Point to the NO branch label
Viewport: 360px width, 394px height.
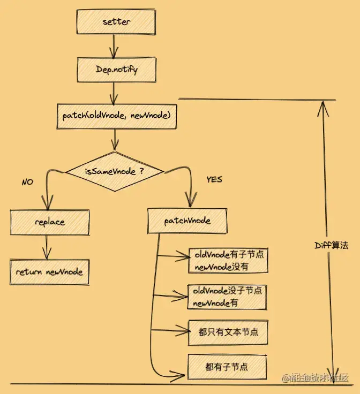click(27, 182)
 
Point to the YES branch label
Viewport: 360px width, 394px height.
click(214, 179)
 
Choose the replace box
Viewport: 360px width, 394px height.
click(49, 222)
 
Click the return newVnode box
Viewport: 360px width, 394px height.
click(49, 271)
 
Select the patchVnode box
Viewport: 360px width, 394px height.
click(187, 220)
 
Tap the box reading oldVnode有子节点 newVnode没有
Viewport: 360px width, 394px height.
click(228, 260)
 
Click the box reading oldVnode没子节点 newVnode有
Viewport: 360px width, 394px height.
click(228, 297)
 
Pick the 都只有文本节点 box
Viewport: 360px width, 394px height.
click(228, 332)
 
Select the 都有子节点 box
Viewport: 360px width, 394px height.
click(227, 367)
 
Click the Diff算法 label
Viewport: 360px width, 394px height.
click(331, 246)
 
